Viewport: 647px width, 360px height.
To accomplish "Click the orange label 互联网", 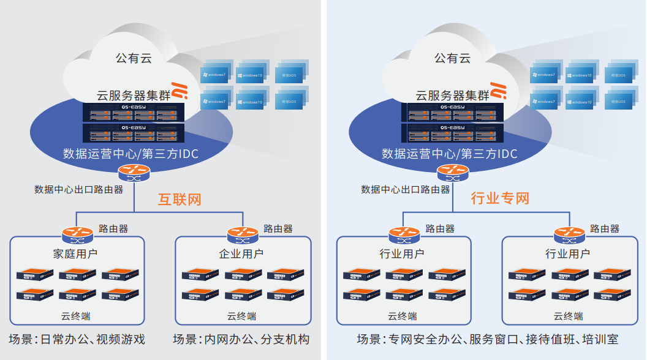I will click(x=180, y=199).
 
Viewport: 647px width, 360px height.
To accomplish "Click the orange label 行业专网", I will click(x=499, y=198).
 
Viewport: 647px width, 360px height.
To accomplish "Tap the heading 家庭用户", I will click(x=75, y=253).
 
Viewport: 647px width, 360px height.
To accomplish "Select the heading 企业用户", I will click(x=241, y=253).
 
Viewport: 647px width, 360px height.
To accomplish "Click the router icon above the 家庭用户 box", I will click(x=76, y=233).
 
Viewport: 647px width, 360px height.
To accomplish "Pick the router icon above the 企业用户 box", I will click(x=243, y=233).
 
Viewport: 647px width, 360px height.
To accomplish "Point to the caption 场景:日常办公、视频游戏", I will click(x=77, y=339).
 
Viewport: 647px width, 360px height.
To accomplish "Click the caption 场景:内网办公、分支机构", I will click(x=241, y=339).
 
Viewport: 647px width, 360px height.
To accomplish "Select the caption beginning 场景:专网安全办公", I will click(x=488, y=339).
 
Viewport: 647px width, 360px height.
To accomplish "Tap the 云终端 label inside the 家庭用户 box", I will click(x=76, y=316).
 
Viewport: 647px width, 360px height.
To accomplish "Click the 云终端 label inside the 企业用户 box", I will click(x=242, y=316).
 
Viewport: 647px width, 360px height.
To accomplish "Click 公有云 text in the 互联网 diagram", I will click(x=134, y=58).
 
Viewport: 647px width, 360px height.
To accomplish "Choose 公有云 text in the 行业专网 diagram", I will click(x=453, y=58).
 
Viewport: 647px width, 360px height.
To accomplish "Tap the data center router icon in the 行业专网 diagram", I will click(x=452, y=172).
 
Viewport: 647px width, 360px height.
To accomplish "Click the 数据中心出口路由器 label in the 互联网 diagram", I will click(x=78, y=189).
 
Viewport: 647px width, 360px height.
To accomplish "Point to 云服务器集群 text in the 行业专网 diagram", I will click(x=452, y=96).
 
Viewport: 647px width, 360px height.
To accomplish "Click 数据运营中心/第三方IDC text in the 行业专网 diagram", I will click(x=450, y=153).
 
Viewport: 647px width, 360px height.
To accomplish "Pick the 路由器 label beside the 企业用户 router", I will click(x=278, y=229).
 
